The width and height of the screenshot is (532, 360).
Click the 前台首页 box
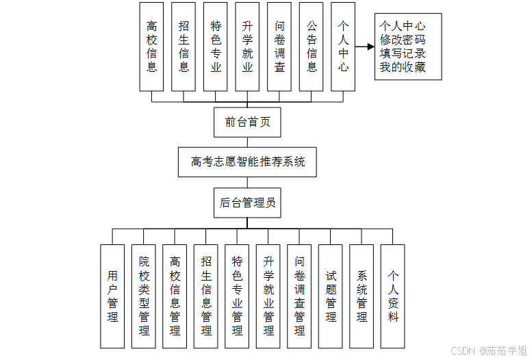click(x=247, y=123)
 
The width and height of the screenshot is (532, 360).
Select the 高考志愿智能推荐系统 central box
click(x=247, y=162)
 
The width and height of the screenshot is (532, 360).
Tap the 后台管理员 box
click(x=247, y=203)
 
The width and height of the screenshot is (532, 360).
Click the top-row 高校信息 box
click(x=152, y=47)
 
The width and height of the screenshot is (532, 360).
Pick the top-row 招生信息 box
click(x=183, y=47)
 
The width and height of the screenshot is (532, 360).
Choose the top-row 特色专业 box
click(x=216, y=47)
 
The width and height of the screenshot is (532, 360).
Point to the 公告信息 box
click(x=312, y=47)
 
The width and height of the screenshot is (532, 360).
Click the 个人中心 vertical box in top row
click(x=343, y=47)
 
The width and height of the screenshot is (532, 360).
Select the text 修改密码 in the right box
click(x=403, y=40)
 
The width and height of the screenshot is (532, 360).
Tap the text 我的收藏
click(x=403, y=67)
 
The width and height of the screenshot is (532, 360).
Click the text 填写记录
click(x=403, y=53)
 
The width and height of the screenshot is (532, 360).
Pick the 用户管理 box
click(x=112, y=296)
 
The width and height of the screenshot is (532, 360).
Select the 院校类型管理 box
click(x=144, y=296)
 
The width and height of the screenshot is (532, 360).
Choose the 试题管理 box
click(x=331, y=296)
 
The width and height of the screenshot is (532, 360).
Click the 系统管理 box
click(x=362, y=296)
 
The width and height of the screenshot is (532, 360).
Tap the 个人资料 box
click(x=393, y=296)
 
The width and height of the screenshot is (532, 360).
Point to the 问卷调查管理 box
click(x=299, y=296)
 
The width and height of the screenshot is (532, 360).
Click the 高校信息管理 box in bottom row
click(x=175, y=296)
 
